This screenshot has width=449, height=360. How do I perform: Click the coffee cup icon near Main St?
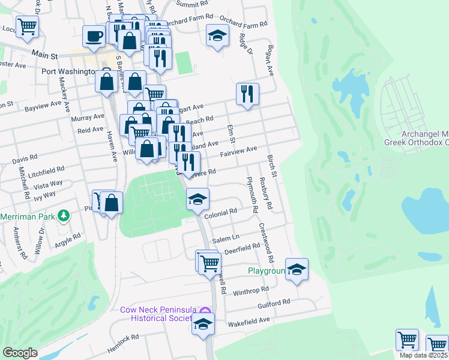(x=93, y=35)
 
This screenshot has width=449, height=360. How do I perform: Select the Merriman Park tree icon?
(x=62, y=215)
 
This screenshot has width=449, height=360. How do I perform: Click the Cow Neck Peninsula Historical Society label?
(x=158, y=314)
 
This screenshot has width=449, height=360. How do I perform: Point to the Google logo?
(x=20, y=353)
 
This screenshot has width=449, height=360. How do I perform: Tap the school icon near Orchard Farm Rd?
(x=217, y=35)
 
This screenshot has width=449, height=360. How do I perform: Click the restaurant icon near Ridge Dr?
(x=247, y=93)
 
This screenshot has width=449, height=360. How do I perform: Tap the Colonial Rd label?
(x=221, y=211)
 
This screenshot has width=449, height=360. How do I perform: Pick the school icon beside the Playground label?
(x=297, y=269)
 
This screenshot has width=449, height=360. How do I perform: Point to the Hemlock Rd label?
(x=124, y=340)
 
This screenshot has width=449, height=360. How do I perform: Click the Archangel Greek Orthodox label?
(x=417, y=138)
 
